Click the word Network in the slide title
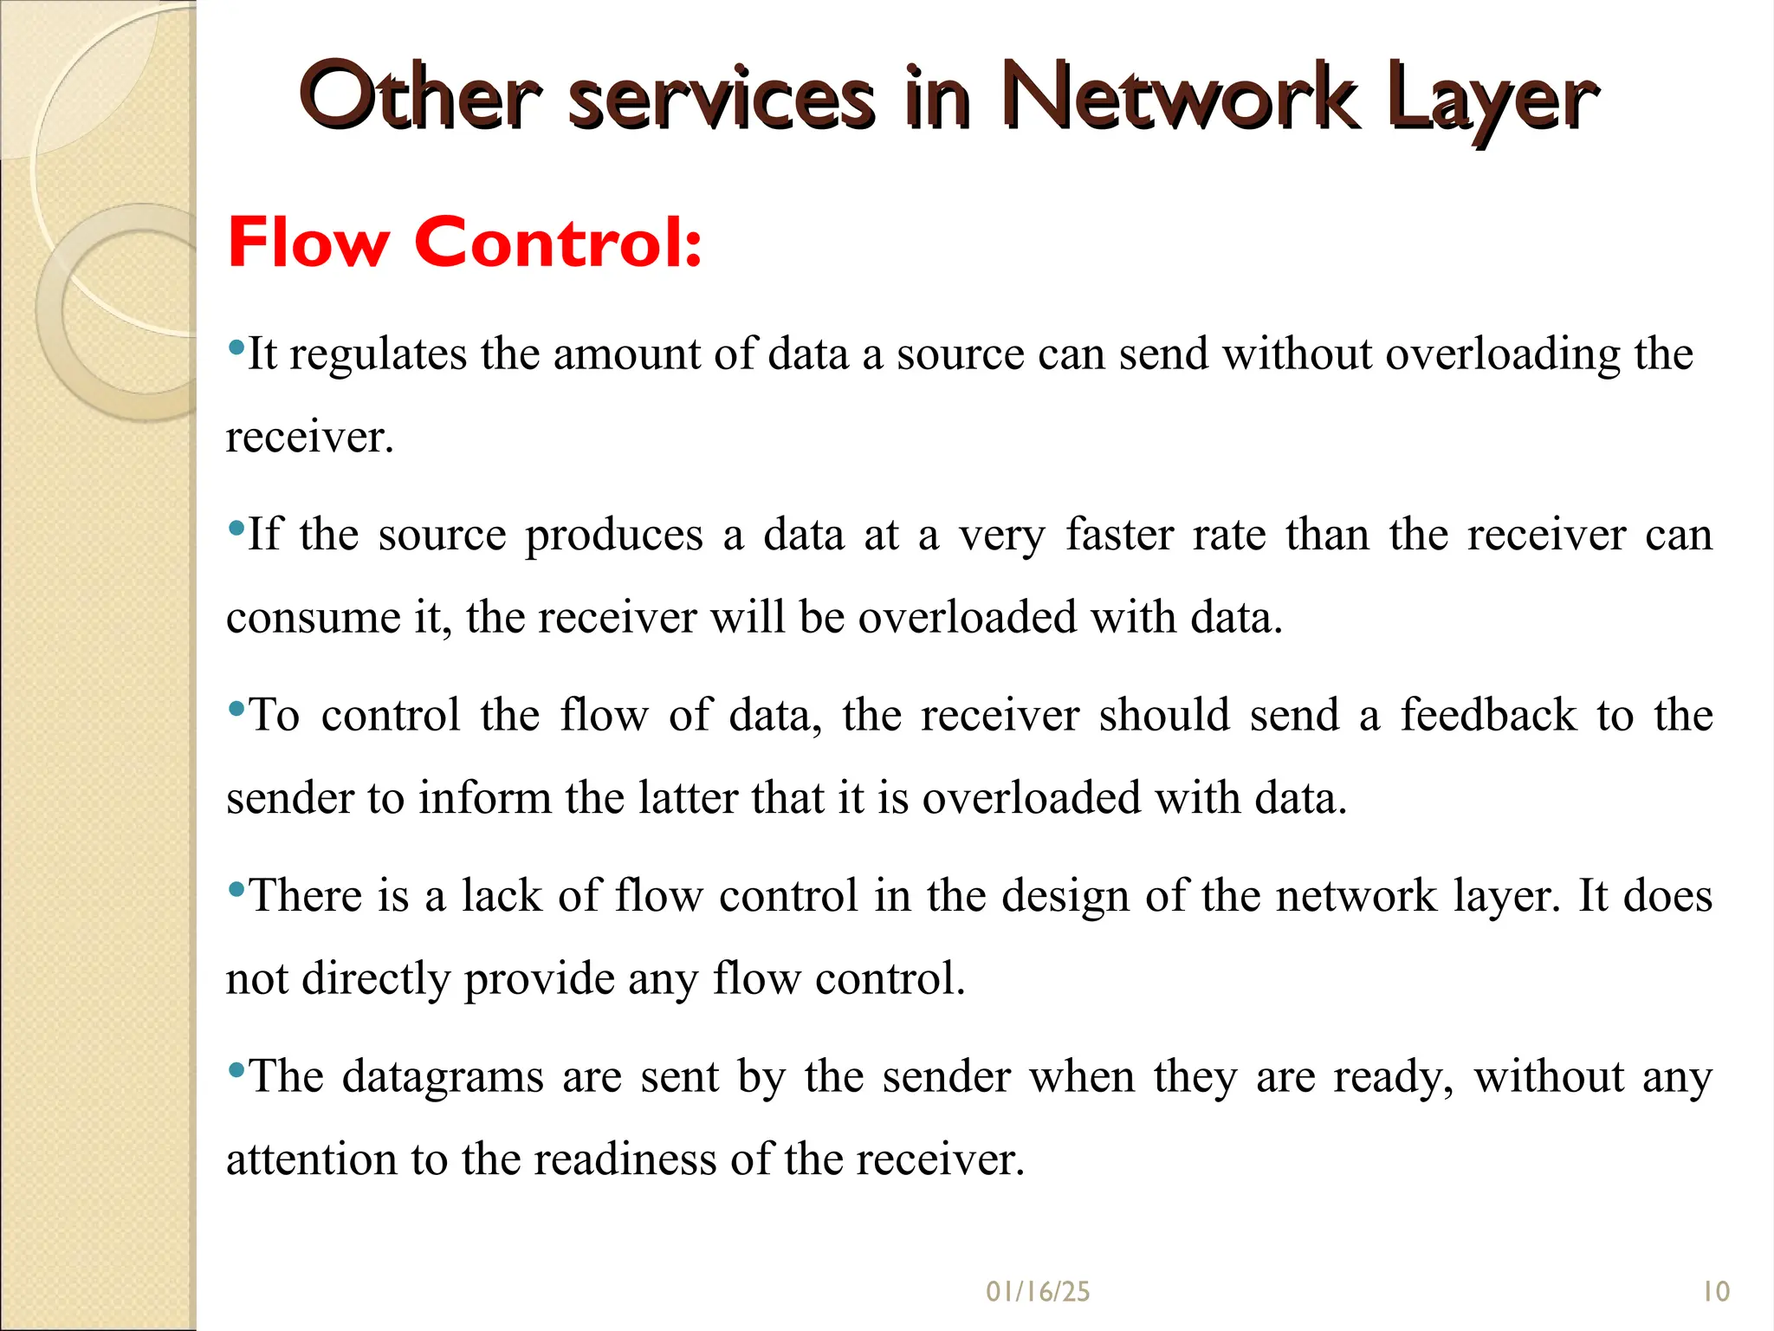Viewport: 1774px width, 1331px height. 1178,98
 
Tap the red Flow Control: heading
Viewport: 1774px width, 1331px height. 464,243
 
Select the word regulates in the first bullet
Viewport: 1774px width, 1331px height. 378,354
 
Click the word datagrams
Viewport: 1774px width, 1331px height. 442,1077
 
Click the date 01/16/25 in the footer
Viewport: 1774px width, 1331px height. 1038,1292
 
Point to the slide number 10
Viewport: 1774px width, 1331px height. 1716,1292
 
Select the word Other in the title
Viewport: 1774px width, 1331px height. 421,98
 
